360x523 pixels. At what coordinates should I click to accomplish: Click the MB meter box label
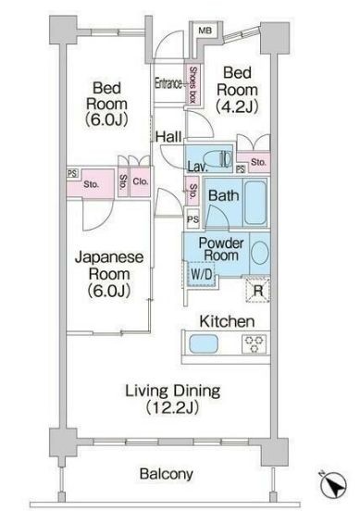pyautogui.click(x=205, y=31)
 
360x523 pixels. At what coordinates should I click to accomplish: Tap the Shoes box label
pyautogui.click(x=192, y=85)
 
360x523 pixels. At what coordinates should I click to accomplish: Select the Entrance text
pyautogui.click(x=168, y=83)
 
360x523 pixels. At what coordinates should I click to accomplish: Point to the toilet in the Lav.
pyautogui.click(x=217, y=158)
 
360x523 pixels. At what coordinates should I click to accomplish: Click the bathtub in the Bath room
pyautogui.click(x=255, y=203)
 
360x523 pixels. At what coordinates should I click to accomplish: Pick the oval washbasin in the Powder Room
pyautogui.click(x=260, y=253)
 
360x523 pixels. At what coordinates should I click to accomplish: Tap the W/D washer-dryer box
pyautogui.click(x=202, y=274)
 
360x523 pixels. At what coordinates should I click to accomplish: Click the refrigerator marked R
pyautogui.click(x=257, y=290)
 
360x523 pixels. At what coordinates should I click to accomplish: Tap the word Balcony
pyautogui.click(x=167, y=474)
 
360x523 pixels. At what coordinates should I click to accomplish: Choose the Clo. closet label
pyautogui.click(x=140, y=181)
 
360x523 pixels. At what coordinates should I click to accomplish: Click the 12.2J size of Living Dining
pyautogui.click(x=172, y=408)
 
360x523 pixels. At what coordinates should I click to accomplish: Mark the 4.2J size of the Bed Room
pyautogui.click(x=237, y=106)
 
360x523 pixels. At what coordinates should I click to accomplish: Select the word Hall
pyautogui.click(x=168, y=137)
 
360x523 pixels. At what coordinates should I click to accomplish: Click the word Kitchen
pyautogui.click(x=227, y=321)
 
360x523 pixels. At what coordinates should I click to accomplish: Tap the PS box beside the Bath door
pyautogui.click(x=193, y=219)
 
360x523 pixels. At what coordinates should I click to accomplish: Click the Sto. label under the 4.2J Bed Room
pyautogui.click(x=258, y=162)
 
